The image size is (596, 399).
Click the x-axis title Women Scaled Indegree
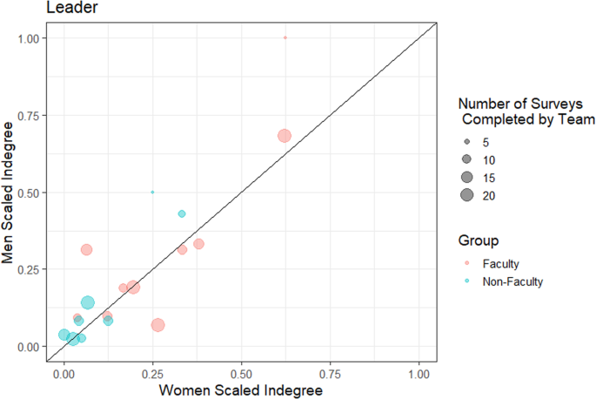[240, 390]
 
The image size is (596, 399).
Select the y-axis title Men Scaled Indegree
[11, 192]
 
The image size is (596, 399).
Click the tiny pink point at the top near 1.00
[285, 37]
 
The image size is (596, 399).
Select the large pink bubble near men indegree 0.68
[284, 136]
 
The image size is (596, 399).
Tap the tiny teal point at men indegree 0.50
[152, 192]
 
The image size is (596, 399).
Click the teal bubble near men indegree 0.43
[182, 213]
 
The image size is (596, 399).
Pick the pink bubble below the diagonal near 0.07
[157, 325]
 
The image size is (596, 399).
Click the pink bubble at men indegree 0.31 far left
[86, 250]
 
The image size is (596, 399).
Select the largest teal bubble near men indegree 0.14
[87, 302]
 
